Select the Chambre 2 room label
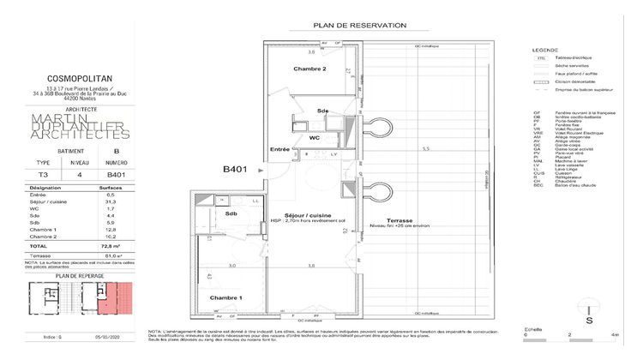[309, 69]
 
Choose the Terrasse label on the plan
[400, 219]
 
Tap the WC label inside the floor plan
[314, 137]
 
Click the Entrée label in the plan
[280, 150]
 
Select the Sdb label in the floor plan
[231, 213]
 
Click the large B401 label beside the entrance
[236, 170]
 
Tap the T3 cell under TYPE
[42, 174]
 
